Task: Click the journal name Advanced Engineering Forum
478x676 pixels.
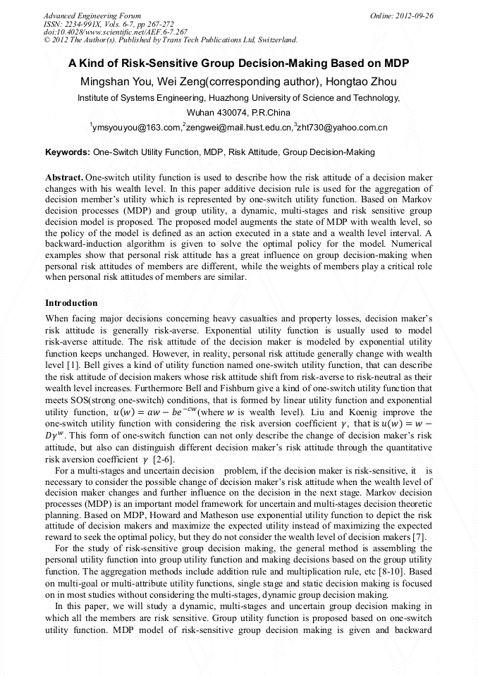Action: point(92,16)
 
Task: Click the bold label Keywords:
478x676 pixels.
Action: point(68,152)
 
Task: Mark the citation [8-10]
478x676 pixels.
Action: point(374,572)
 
